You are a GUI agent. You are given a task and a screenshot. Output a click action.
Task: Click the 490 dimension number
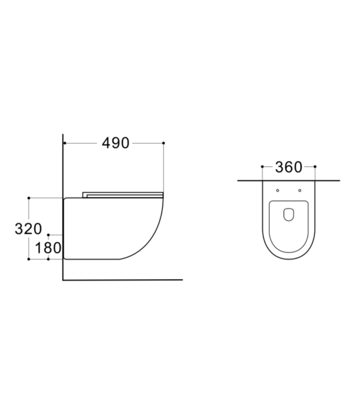pos(115,143)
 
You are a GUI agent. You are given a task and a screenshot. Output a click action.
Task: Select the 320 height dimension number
pos(28,229)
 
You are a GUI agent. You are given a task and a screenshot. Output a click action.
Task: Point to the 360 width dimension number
pos(287,167)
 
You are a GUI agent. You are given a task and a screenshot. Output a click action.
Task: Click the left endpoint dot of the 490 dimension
pos(64,143)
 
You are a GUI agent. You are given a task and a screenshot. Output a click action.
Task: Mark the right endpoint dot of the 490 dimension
pos(164,143)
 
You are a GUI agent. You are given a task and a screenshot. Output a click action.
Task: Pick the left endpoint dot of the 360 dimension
pos(261,167)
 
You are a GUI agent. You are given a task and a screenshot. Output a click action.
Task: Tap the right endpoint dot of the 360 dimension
pos(315,167)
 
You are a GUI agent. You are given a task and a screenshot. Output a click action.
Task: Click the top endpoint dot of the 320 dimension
pos(28,198)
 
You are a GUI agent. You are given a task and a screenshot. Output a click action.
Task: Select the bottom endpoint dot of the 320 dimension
pos(28,258)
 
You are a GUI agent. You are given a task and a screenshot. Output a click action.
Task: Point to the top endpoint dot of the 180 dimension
pos(49,235)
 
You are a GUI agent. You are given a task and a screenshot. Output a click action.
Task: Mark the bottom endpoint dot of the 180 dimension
pos(49,258)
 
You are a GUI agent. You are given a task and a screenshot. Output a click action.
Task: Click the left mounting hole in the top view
pos(277,190)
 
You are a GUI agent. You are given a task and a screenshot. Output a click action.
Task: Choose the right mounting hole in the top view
pos(299,190)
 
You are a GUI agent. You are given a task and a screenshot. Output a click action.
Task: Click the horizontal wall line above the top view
pos(287,180)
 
